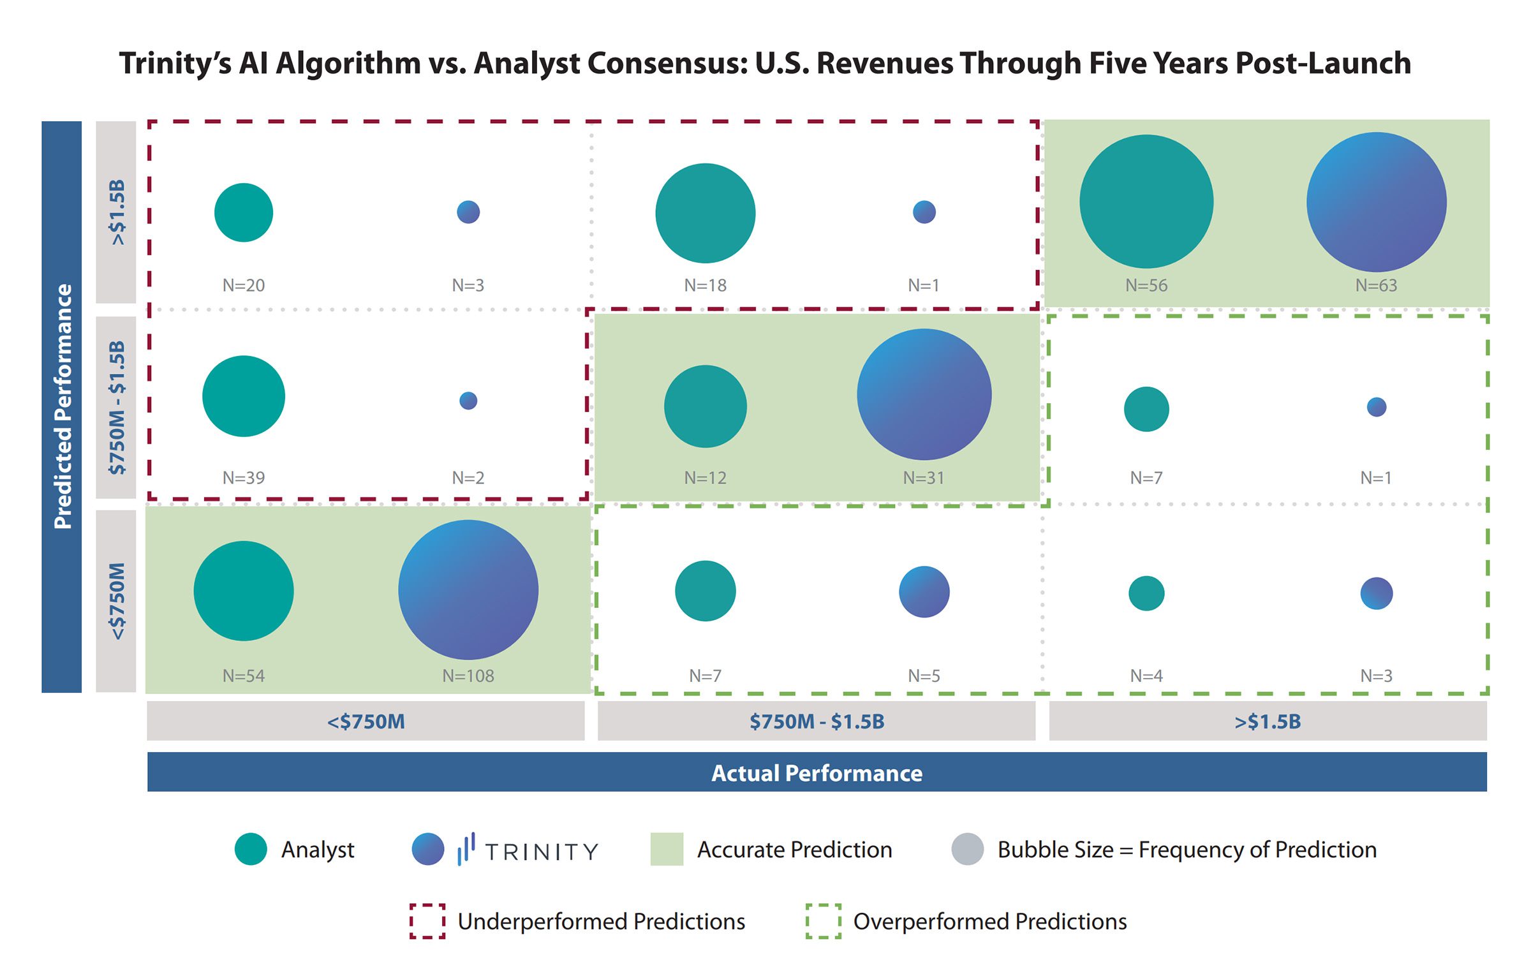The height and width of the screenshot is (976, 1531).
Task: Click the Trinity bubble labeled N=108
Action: pos(468,589)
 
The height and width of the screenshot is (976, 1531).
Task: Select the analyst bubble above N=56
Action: pos(1146,202)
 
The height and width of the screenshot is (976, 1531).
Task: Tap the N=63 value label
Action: pos(1376,285)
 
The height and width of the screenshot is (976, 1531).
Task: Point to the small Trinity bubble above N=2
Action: pos(468,401)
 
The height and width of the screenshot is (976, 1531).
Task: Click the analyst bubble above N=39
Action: pos(244,396)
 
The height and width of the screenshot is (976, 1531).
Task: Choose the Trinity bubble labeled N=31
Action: pos(924,394)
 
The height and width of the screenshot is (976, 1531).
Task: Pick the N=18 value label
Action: pos(705,285)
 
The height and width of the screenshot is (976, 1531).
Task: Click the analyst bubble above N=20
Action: pos(244,212)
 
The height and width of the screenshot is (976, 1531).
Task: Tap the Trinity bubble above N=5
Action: pos(924,592)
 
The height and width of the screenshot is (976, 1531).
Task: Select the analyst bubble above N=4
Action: pos(1146,593)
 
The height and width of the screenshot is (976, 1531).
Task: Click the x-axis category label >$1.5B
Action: pos(1268,721)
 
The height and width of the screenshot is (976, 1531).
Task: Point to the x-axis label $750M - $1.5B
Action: pos(817,721)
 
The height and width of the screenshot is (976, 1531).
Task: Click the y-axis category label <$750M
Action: pos(117,601)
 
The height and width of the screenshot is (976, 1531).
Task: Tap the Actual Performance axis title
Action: pos(817,773)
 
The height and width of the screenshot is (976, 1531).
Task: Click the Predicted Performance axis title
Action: pos(62,406)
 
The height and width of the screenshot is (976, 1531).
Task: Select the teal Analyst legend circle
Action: pos(251,849)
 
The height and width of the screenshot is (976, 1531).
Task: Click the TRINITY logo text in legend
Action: pos(542,852)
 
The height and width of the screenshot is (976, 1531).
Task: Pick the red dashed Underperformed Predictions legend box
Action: pos(427,921)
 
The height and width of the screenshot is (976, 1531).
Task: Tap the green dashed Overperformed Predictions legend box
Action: pos(823,921)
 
